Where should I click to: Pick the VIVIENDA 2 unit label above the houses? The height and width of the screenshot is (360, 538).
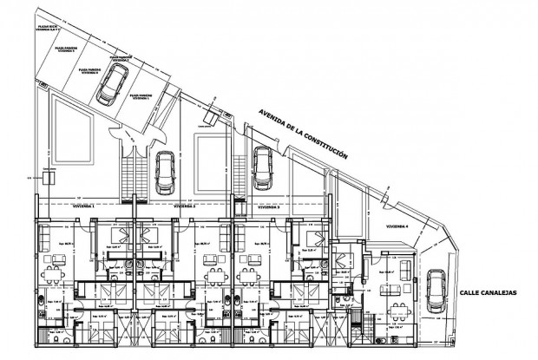coord(183,208)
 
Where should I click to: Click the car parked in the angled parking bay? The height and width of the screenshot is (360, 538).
coord(110,86)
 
